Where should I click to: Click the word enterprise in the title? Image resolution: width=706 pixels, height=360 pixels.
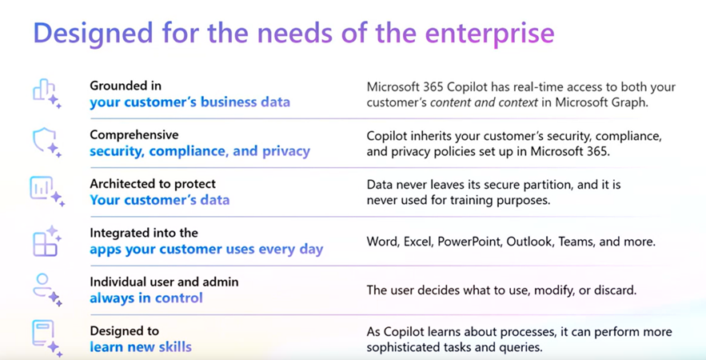(x=489, y=33)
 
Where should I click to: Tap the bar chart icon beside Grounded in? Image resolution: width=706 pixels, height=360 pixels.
(x=46, y=94)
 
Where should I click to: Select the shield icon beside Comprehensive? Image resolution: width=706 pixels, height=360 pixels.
(x=46, y=142)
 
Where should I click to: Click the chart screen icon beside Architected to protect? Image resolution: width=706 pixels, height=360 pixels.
(x=47, y=191)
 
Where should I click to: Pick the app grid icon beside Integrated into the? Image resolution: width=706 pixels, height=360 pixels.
(x=46, y=241)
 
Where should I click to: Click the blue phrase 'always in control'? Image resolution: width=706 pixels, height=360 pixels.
(x=146, y=298)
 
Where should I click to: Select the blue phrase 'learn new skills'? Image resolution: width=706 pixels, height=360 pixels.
(x=141, y=347)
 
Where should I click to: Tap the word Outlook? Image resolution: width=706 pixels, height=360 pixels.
(x=529, y=242)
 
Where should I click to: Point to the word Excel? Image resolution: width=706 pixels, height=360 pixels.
(x=417, y=242)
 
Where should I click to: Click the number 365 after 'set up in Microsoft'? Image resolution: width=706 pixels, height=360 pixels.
(x=598, y=151)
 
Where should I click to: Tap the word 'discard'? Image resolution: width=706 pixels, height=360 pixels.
(x=615, y=290)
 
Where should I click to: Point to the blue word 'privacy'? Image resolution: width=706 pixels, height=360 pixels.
(x=286, y=151)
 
